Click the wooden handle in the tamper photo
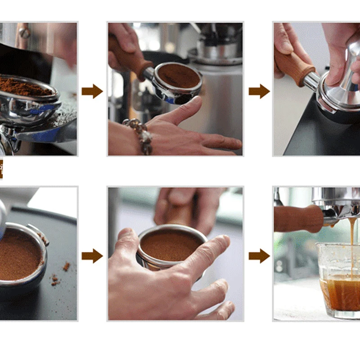pyautogui.click(x=295, y=67)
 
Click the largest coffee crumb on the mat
pyautogui.click(x=67, y=266)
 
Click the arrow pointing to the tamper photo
pyautogui.click(x=259, y=91)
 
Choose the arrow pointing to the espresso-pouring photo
pyautogui.click(x=259, y=256)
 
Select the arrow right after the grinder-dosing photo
pyautogui.click(x=92, y=91)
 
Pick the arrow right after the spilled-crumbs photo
pyautogui.click(x=92, y=256)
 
